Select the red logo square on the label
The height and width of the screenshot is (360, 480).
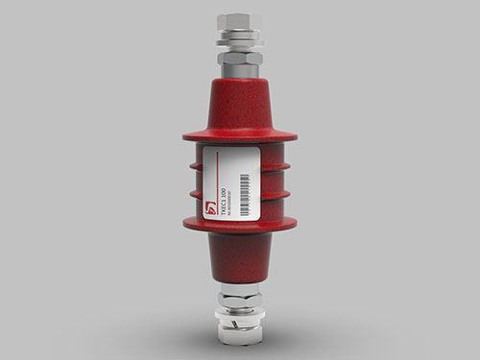(213, 204)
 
